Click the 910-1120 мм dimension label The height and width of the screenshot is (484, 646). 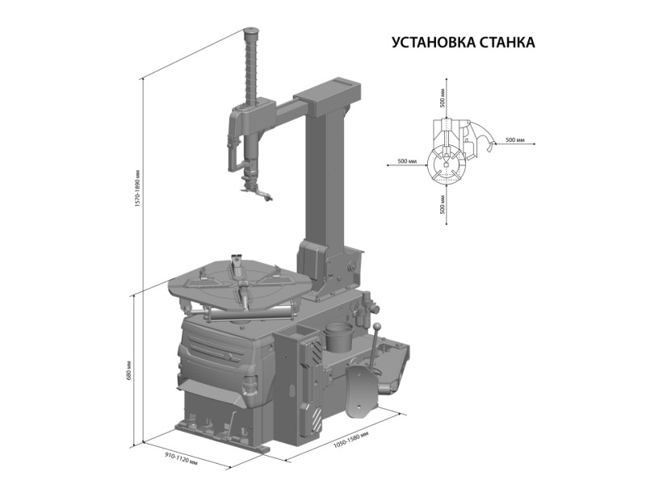coord(181,458)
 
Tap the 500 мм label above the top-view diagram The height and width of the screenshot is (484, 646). coord(443,98)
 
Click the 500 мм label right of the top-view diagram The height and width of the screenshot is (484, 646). coord(515,140)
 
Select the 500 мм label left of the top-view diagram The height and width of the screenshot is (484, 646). coord(408,161)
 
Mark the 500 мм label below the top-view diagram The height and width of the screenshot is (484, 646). coord(443,205)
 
